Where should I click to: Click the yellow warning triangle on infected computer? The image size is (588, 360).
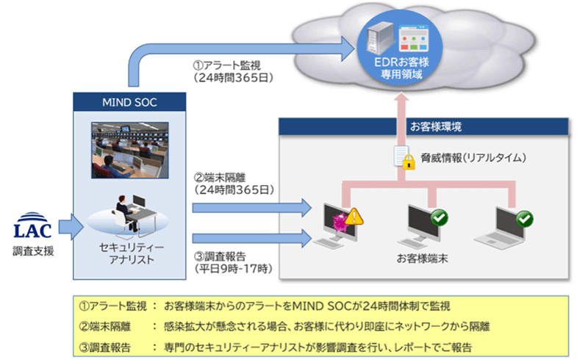point(354,216)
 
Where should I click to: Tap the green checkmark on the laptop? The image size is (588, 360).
point(524,218)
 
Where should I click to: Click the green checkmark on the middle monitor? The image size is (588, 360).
point(439,217)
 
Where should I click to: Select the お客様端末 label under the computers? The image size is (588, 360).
point(422,259)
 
